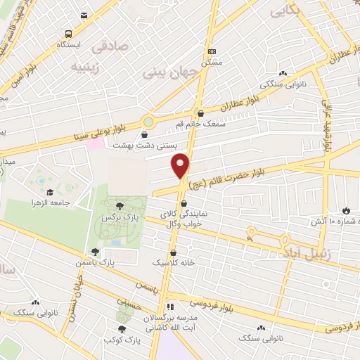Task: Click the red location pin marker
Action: (181, 165)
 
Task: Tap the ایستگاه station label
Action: (69, 44)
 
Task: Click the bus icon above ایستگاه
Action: (68, 34)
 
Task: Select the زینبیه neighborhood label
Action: (87, 67)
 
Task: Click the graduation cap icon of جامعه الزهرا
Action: (50, 192)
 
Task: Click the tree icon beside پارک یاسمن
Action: (95, 251)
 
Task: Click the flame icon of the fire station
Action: (346, 210)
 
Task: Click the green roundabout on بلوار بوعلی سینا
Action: (149, 122)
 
